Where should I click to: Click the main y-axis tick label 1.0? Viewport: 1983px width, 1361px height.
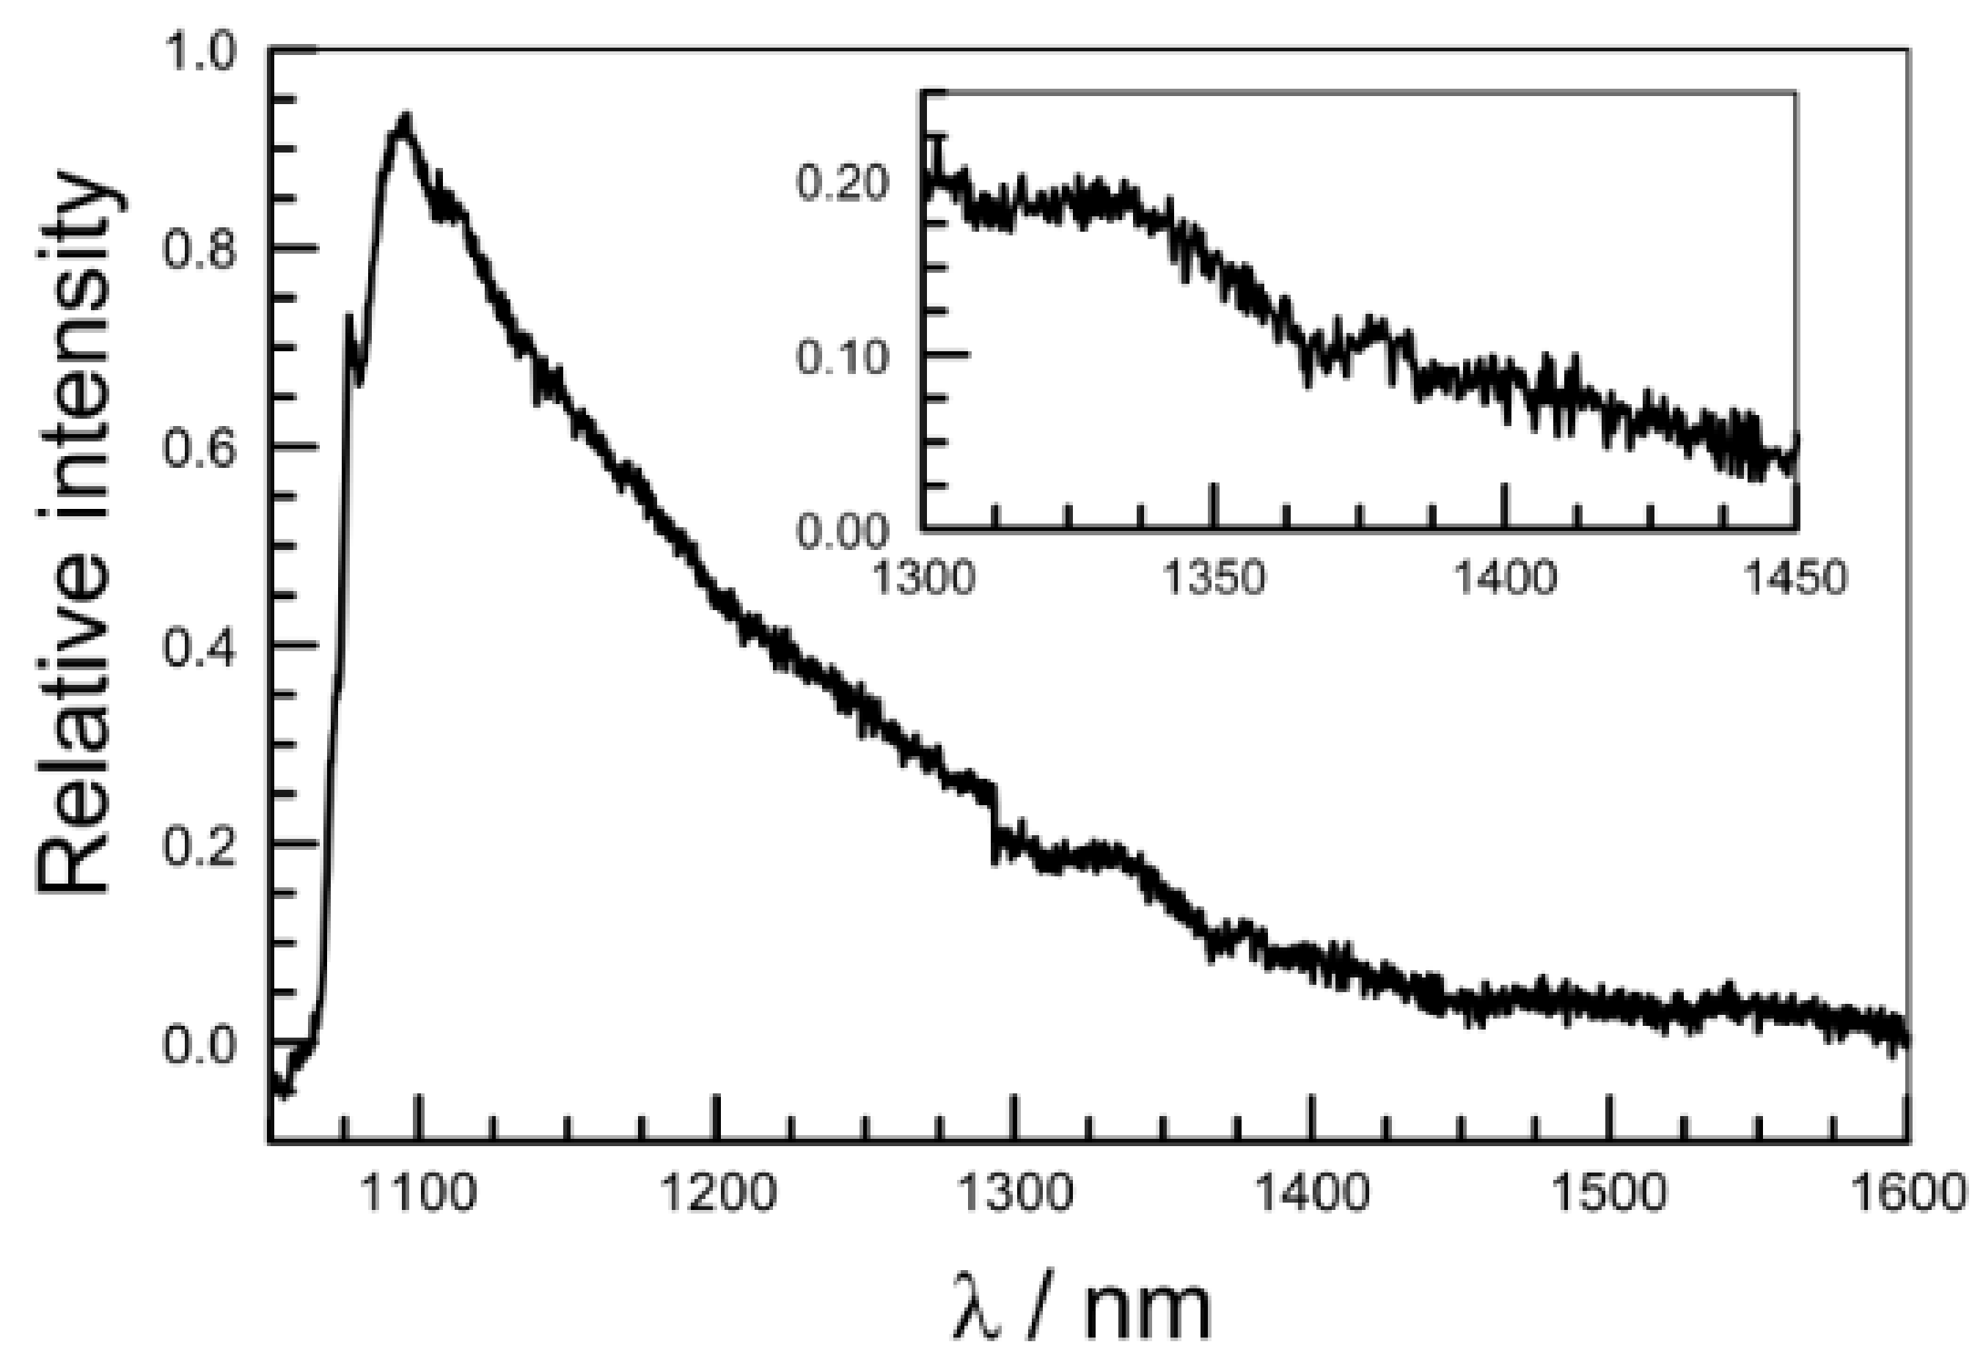tap(199, 53)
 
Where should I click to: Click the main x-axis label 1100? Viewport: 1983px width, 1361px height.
tap(418, 1192)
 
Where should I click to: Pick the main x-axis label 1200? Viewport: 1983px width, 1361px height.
tap(718, 1192)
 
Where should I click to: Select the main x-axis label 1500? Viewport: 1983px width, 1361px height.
tap(1608, 1192)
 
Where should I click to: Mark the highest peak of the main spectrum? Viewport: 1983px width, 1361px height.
tap(406, 120)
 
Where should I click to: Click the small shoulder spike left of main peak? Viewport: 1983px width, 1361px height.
tap(349, 318)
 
